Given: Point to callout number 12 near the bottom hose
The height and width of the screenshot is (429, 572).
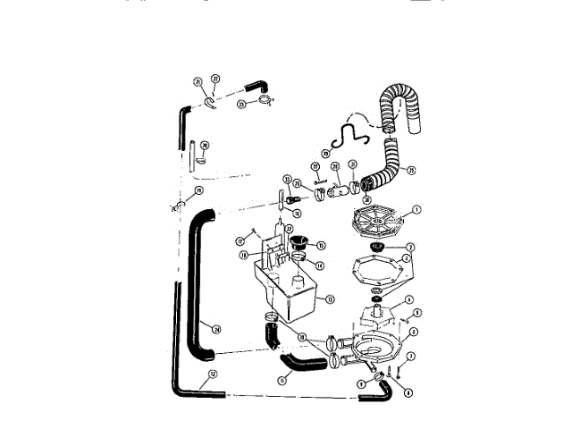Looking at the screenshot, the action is pyautogui.click(x=212, y=374).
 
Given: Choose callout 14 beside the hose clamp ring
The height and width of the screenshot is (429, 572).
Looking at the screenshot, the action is pyautogui.click(x=321, y=265).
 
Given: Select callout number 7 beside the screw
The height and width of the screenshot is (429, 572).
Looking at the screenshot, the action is pyautogui.click(x=410, y=357).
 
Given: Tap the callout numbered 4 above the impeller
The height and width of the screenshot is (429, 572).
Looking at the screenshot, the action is pyautogui.click(x=408, y=299).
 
